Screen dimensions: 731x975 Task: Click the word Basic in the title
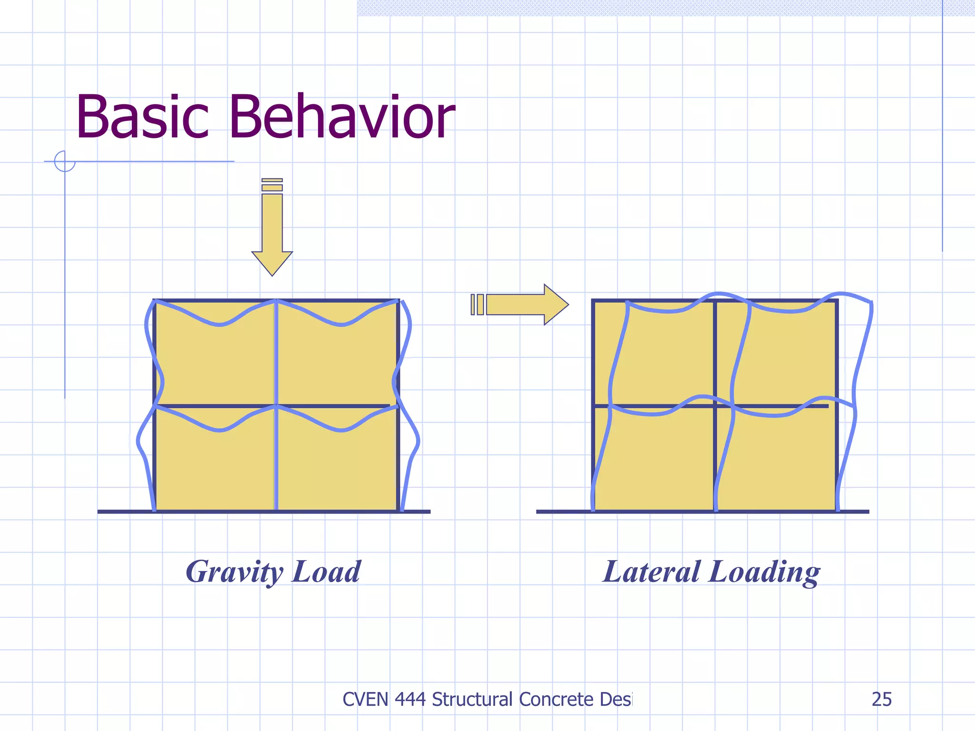pyautogui.click(x=142, y=117)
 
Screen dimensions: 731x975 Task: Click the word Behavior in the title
pyautogui.click(x=342, y=117)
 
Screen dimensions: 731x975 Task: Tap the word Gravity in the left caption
pyautogui.click(x=234, y=572)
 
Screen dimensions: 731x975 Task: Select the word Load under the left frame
pyautogui.click(x=326, y=572)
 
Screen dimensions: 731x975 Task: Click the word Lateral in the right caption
pyautogui.click(x=651, y=572)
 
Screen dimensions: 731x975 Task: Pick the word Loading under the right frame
pyautogui.click(x=764, y=573)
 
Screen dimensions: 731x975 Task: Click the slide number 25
pyautogui.click(x=881, y=699)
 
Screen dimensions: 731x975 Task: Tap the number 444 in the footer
pyautogui.click(x=410, y=699)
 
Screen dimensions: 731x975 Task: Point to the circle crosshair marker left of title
pyautogui.click(x=65, y=161)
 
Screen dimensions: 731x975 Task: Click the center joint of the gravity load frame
pyautogui.click(x=276, y=406)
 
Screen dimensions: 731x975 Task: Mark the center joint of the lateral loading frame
pyautogui.click(x=715, y=406)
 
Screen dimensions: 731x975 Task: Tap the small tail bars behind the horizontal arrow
pyautogui.click(x=477, y=305)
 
